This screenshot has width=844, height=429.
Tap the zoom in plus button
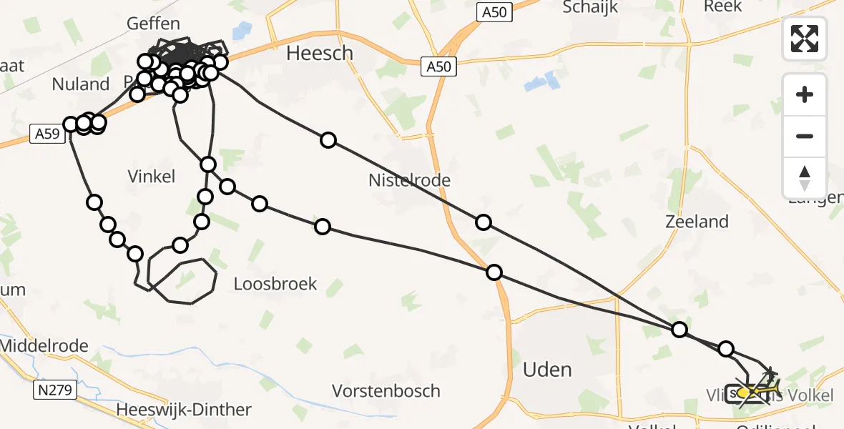pos(805,94)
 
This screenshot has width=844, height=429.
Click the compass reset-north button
pos(805,178)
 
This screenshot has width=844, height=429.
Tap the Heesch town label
pos(320,53)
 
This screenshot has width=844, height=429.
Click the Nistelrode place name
pos(409,180)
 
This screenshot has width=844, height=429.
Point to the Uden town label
pos(547,369)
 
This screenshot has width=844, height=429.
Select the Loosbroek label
pos(275,284)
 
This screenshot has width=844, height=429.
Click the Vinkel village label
pos(151,176)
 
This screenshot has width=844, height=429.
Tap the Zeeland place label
pos(697,222)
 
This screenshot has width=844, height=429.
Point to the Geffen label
pos(153,24)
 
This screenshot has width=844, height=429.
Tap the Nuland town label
pos(81,84)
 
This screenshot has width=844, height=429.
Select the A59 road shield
pos(46,133)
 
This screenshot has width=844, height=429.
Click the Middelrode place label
pos(44,346)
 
